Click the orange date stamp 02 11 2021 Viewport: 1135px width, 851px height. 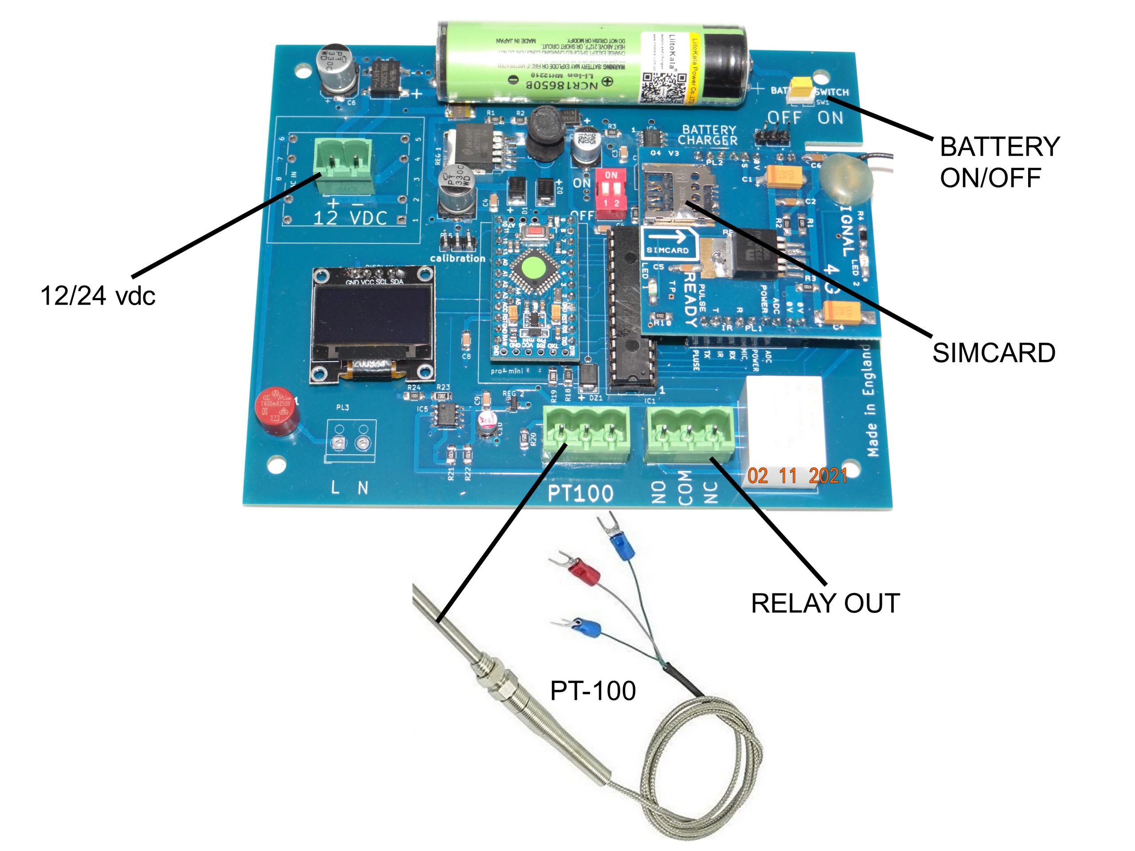click(797, 476)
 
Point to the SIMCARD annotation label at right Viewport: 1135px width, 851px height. click(993, 353)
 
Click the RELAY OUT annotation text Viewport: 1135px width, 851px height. click(825, 603)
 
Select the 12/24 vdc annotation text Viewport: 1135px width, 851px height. click(98, 296)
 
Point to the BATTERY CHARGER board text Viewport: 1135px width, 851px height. click(708, 135)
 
